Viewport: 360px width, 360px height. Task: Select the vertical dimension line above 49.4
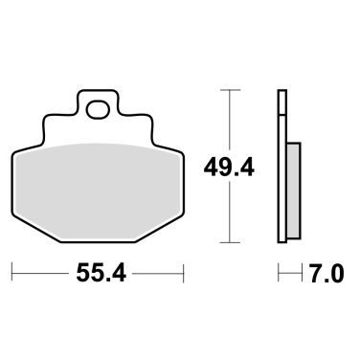tap(230, 120)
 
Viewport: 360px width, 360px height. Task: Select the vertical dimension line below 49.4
tap(230, 215)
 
